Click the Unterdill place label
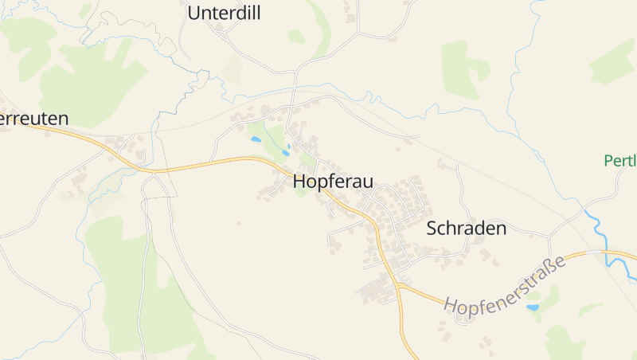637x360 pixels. (x=224, y=13)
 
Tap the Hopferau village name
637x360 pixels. (x=333, y=182)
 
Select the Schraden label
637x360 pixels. (x=467, y=229)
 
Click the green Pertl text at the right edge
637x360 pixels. (x=620, y=161)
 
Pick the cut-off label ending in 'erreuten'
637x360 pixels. (x=33, y=119)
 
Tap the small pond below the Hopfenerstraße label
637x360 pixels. (x=532, y=307)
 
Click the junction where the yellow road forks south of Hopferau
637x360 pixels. (x=396, y=284)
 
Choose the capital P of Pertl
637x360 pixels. (x=609, y=161)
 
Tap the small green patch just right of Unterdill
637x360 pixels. (x=296, y=37)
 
